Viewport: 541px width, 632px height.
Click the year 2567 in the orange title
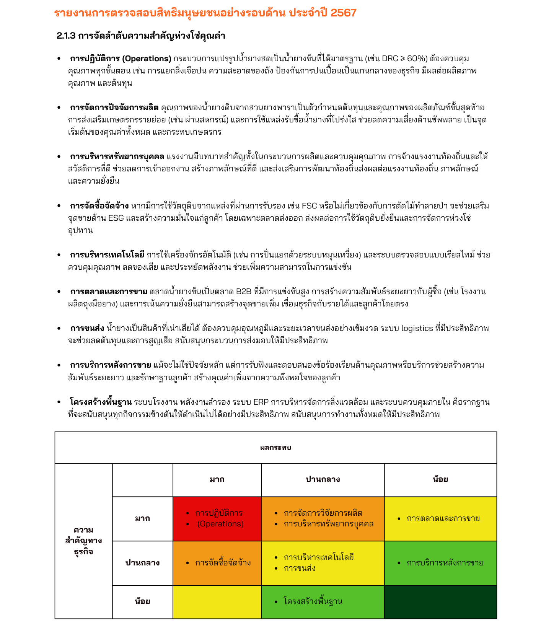[x=343, y=13]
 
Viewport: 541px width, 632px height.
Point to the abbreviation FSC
[x=310, y=206]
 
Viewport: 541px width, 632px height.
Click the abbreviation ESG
[x=116, y=218]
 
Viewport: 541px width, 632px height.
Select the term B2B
[x=243, y=292]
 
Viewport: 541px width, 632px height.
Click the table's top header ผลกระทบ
[x=275, y=448]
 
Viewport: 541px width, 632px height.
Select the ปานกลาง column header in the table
[x=323, y=480]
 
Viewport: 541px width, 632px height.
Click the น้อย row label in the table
[x=142, y=601]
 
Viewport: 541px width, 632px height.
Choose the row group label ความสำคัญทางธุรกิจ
[x=83, y=541]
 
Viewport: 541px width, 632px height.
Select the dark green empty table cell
[x=440, y=602]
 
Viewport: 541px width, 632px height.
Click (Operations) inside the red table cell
[x=220, y=524]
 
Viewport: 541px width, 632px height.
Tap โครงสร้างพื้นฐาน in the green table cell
[x=313, y=601]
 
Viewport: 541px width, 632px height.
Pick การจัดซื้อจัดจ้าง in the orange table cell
[x=223, y=563]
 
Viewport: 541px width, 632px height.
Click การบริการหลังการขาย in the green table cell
[x=445, y=563]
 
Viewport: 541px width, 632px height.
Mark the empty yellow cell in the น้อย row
[x=217, y=602]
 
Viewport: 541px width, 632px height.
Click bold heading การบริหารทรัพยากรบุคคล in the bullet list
[x=117, y=157]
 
